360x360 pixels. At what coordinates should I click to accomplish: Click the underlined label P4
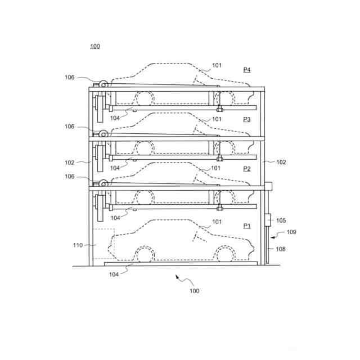coord(247,70)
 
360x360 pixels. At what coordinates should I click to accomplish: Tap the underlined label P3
coord(247,119)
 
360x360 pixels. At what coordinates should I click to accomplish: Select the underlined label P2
coord(247,169)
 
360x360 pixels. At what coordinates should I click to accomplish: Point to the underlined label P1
coord(247,226)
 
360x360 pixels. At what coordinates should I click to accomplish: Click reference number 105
coord(281,220)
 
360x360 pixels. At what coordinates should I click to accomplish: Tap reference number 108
coord(281,249)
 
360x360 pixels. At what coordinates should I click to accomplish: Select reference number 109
coord(291,232)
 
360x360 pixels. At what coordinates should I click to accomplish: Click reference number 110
coord(78,245)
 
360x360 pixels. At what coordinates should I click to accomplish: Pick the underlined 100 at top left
coord(95,46)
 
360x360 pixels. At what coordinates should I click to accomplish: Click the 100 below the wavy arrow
coord(194,291)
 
